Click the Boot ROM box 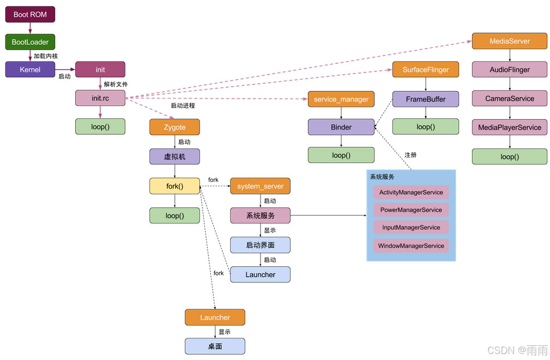point(30,14)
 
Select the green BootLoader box point(30,42)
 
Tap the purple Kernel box point(30,70)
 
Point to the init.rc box point(100,99)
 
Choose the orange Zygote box point(174,127)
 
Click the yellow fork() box point(174,186)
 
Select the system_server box point(260,186)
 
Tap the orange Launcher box point(215,318)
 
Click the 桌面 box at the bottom point(215,346)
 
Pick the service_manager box point(341,99)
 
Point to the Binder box point(341,127)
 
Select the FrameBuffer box point(425,99)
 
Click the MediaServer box point(509,41)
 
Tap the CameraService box point(509,99)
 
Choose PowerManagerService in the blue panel point(411,210)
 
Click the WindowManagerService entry point(411,246)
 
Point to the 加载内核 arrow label point(46,56)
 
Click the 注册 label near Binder point(410,155)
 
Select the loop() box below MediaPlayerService point(509,156)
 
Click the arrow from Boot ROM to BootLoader point(30,28)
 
